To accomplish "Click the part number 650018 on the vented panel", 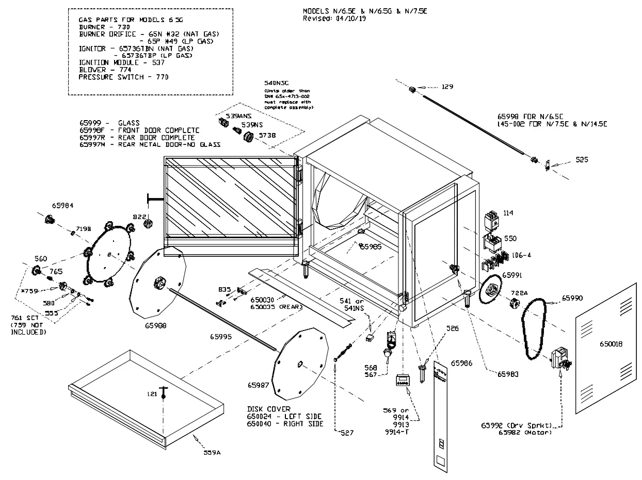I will pyautogui.click(x=611, y=344).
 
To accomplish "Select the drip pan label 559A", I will pyautogui.click(x=212, y=453).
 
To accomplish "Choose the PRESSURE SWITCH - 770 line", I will pyautogui.click(x=123, y=77).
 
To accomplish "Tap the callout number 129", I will pyautogui.click(x=447, y=87).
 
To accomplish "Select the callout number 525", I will pyautogui.click(x=582, y=160).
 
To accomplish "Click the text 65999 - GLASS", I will pyautogui.click(x=109, y=123).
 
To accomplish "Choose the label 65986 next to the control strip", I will pyautogui.click(x=462, y=363).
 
